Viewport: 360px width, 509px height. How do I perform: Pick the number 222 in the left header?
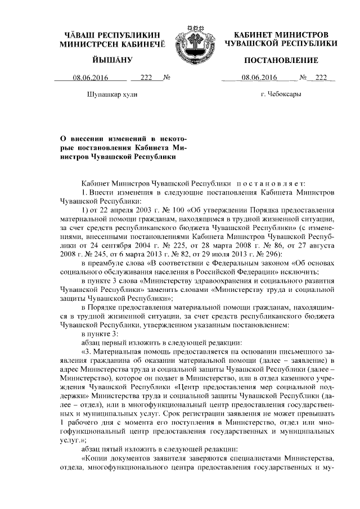pos(146,78)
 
